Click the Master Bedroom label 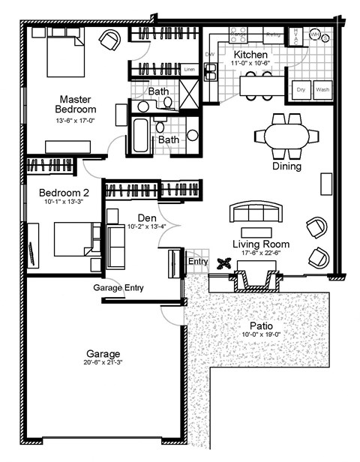pos(76,105)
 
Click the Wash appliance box pos(322,89)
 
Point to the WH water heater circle pos(316,34)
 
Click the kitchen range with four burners pos(238,34)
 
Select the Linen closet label pos(190,70)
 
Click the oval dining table pos(280,136)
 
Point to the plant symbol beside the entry pos(223,263)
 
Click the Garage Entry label pos(118,288)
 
